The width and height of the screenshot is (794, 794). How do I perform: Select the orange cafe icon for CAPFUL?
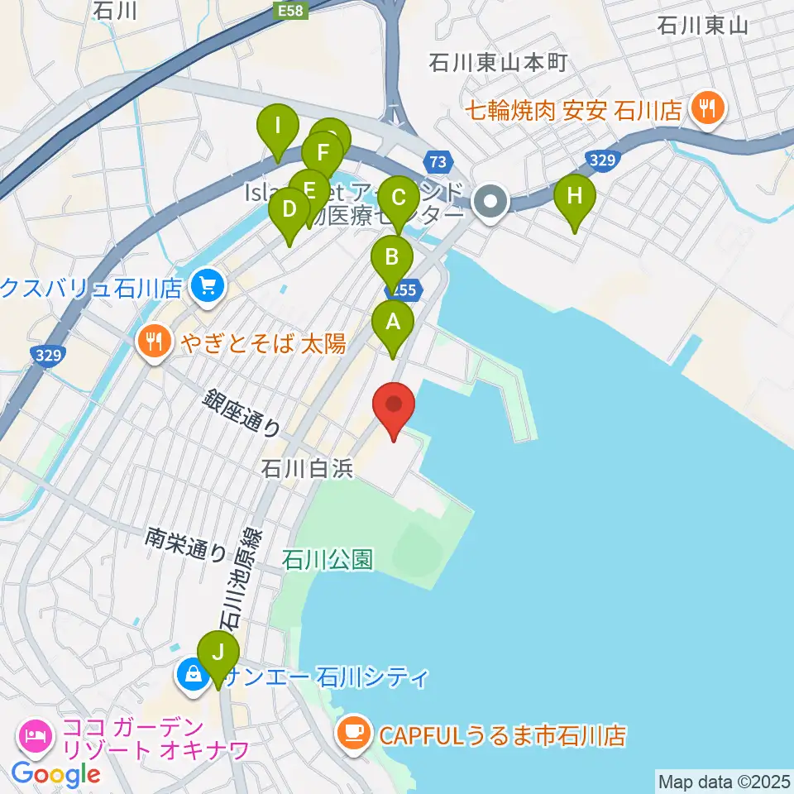point(354,733)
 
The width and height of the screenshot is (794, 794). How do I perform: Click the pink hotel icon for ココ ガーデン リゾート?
point(35,733)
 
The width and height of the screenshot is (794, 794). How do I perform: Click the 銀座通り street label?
point(241,414)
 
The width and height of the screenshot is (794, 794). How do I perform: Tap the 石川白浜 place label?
point(307,469)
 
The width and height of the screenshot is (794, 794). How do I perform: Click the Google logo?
point(55,774)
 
